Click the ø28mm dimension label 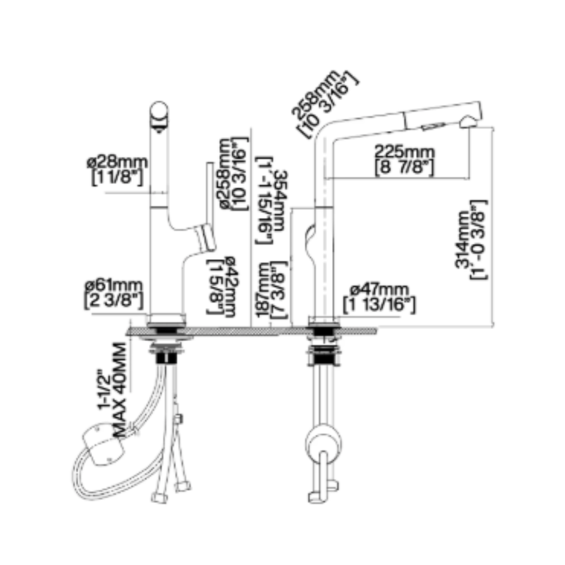click(x=117, y=162)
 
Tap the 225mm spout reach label click(x=404, y=152)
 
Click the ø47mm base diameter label click(x=379, y=289)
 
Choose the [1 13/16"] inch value click(x=379, y=304)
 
